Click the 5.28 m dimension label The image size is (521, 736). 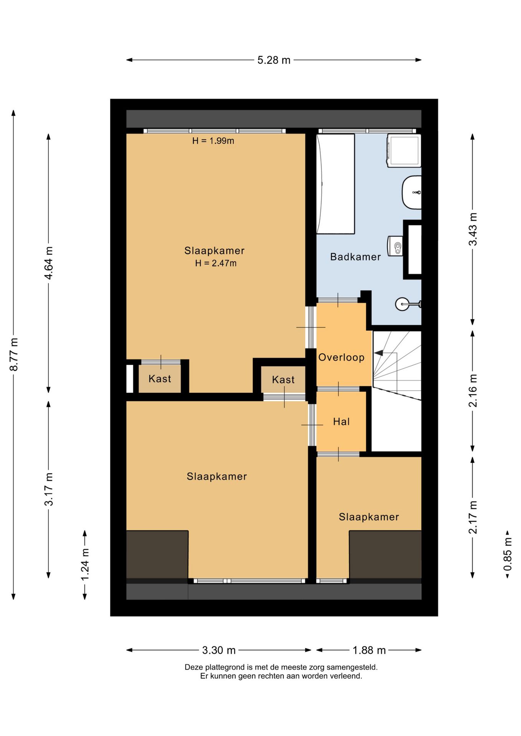[x=274, y=60]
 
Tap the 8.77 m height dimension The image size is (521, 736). [x=14, y=355]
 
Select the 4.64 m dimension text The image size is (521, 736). [x=49, y=263]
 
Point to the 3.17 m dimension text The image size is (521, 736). [x=49, y=489]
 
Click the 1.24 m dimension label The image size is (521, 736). [x=85, y=565]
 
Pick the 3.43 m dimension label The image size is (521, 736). [x=473, y=229]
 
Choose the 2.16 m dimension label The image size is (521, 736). [x=473, y=391]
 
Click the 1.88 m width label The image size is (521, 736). [x=369, y=650]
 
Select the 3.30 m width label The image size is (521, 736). [x=219, y=650]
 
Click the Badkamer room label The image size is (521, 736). [x=355, y=257]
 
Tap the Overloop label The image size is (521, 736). [x=341, y=357]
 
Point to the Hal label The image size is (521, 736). [x=341, y=422]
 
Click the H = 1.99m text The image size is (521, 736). [x=213, y=141]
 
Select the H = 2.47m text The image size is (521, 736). [x=216, y=263]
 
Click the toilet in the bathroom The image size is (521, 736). [x=395, y=246]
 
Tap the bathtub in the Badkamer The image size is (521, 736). [x=335, y=184]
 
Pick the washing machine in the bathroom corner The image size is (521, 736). [x=404, y=150]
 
